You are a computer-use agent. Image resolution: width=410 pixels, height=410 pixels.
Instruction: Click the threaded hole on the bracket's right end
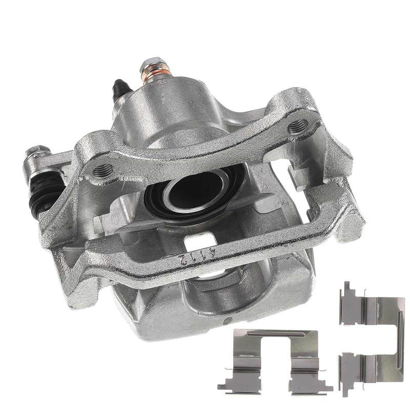[x=298, y=126]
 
